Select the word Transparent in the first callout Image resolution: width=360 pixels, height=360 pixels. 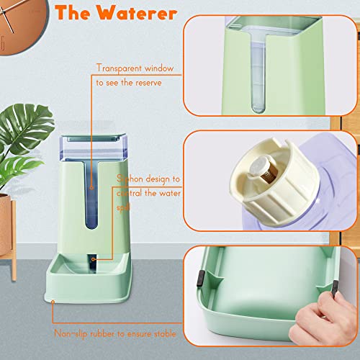point(120,69)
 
